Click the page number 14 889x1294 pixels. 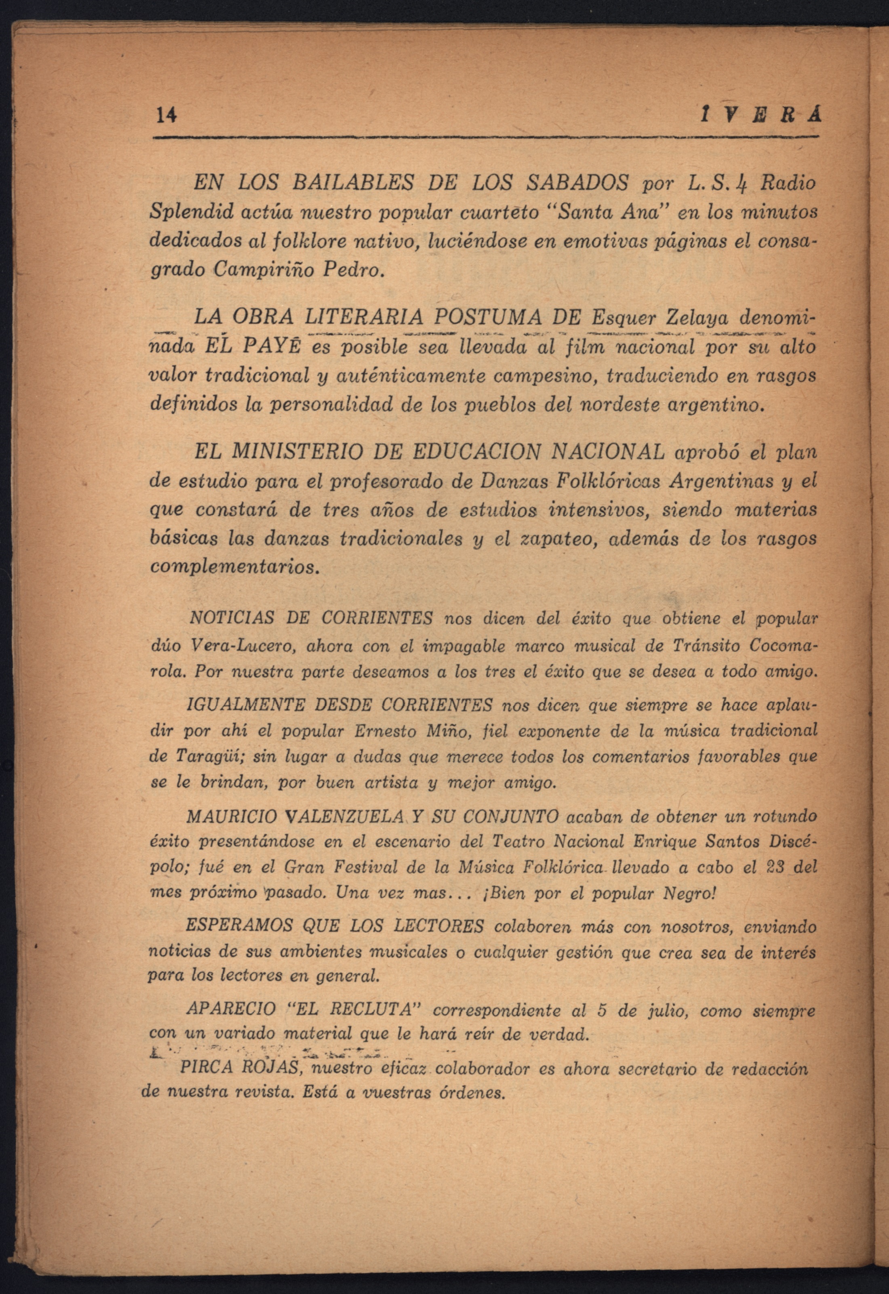(166, 115)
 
